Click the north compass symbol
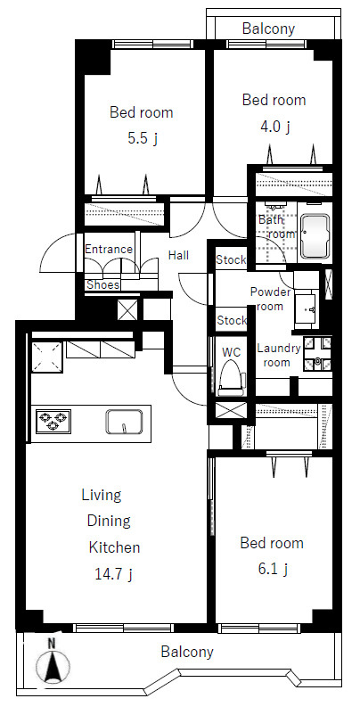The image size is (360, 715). click(x=53, y=662)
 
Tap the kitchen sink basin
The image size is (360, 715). click(x=124, y=422)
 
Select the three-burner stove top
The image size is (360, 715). click(x=53, y=422)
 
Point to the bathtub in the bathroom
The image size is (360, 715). click(x=315, y=236)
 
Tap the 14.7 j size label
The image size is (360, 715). click(x=113, y=573)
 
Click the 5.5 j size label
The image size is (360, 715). click(x=143, y=138)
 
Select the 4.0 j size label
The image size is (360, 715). click(x=274, y=127)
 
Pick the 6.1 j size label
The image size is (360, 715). click(x=272, y=569)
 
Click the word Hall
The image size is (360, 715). click(x=178, y=255)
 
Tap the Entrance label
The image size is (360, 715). click(x=109, y=250)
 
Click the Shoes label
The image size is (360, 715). click(x=103, y=285)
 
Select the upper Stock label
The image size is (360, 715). click(x=231, y=260)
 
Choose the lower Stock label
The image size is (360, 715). click(x=232, y=321)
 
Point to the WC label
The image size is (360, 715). click(x=232, y=352)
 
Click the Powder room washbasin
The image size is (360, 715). click(x=307, y=308)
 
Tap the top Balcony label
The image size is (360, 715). click(x=268, y=29)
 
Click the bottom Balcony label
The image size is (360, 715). click(x=187, y=652)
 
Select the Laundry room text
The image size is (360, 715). click(x=278, y=356)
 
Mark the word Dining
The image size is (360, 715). click(x=109, y=521)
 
